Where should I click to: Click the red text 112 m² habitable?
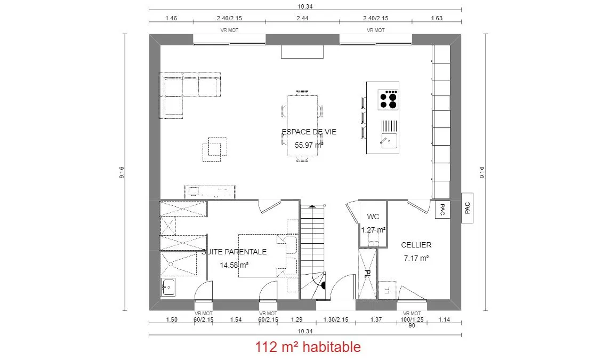tap(308, 347)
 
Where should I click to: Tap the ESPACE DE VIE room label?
tap(309, 132)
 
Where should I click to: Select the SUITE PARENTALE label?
tap(234, 252)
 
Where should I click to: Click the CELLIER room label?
tap(416, 245)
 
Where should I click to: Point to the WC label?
tap(373, 217)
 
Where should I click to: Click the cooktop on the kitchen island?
tap(388, 100)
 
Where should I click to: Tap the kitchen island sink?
tap(389, 141)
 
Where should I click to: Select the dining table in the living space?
tap(302, 126)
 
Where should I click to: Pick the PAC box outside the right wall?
tap(467, 208)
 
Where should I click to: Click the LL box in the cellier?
tap(387, 290)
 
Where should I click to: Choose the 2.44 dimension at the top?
tap(302, 18)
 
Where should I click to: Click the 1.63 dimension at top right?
tap(437, 18)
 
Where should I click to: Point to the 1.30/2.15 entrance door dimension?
tap(336, 319)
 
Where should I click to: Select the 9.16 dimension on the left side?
tap(122, 172)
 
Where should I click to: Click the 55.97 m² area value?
tap(309, 145)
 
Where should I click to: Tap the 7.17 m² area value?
tap(416, 258)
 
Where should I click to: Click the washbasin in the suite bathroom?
tap(168, 287)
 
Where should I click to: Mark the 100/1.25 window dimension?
tap(412, 319)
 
